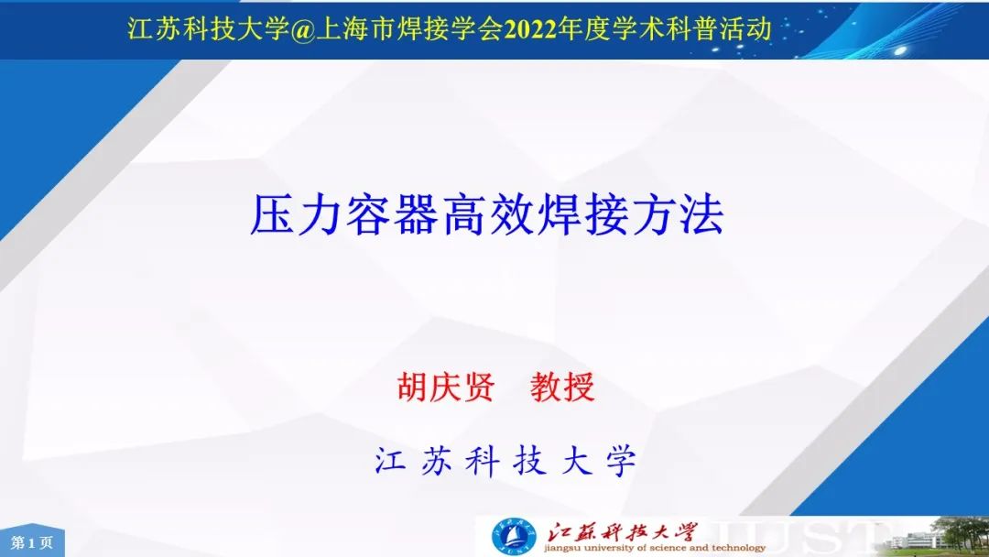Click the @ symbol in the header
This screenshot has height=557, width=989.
point(304,29)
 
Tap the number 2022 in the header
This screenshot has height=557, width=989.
point(530,29)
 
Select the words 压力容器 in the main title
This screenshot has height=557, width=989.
point(344,215)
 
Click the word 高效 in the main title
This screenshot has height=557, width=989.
point(486,215)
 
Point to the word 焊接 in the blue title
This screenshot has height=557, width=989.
point(582,215)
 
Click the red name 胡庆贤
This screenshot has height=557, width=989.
point(446,387)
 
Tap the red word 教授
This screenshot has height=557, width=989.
point(562,387)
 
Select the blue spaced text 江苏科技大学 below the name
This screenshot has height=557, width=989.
point(505,461)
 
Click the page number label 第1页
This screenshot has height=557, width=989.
point(31,542)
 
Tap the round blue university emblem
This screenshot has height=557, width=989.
point(514,538)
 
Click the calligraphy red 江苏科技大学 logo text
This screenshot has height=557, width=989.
point(622,531)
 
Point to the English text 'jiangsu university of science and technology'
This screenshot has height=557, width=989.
point(655,548)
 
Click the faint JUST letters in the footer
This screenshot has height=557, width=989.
point(809,538)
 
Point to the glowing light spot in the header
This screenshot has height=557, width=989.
point(899,50)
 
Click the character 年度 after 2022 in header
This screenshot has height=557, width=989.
point(584,29)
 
